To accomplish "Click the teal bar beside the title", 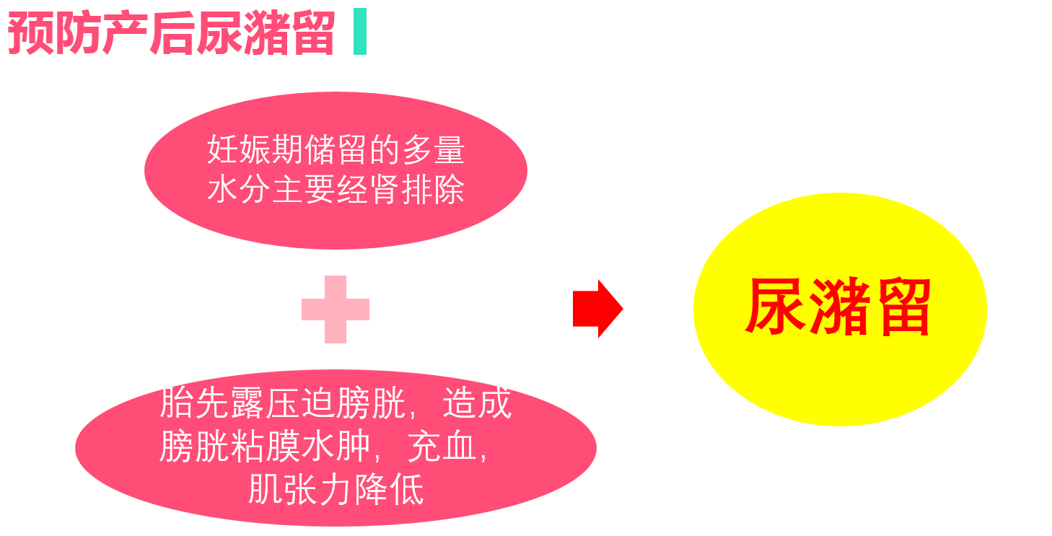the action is (360, 32).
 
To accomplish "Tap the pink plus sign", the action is (336, 309).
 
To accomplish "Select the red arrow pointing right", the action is (597, 309).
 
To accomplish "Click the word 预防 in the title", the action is (54, 33).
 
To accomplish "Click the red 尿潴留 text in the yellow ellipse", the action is (838, 308).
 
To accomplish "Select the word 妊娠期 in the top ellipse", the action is (255, 150).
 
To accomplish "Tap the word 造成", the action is (477, 403).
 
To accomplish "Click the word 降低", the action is (389, 491).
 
